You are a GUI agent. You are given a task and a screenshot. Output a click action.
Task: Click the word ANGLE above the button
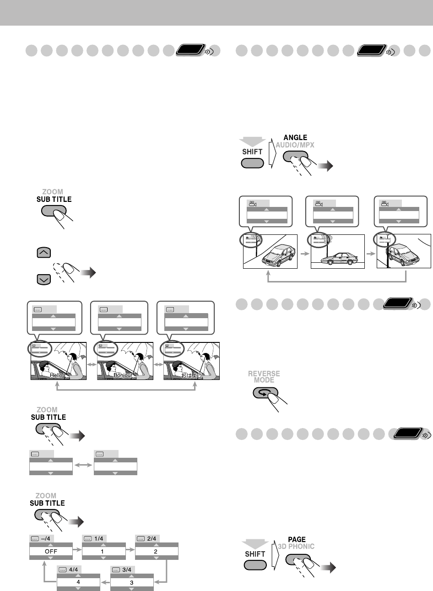295,137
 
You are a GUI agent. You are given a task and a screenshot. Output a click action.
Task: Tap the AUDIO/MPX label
295,145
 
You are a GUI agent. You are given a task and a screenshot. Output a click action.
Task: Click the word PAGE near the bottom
297,540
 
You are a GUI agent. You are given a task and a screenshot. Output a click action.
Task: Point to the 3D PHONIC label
297,547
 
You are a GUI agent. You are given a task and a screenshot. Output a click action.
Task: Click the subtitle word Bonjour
122,375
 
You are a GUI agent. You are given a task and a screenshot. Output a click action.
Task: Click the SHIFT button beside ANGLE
252,163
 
